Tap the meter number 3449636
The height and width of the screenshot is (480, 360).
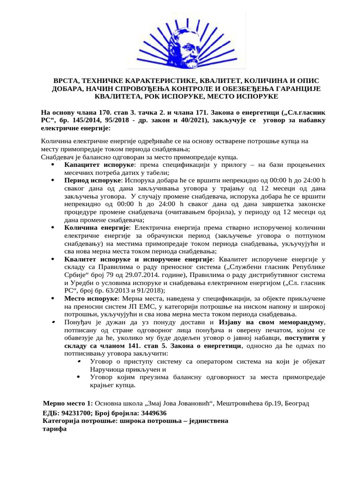coord(150,413)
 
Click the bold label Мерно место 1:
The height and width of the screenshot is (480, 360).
coord(67,403)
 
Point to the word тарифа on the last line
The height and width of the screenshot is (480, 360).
coord(54,429)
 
